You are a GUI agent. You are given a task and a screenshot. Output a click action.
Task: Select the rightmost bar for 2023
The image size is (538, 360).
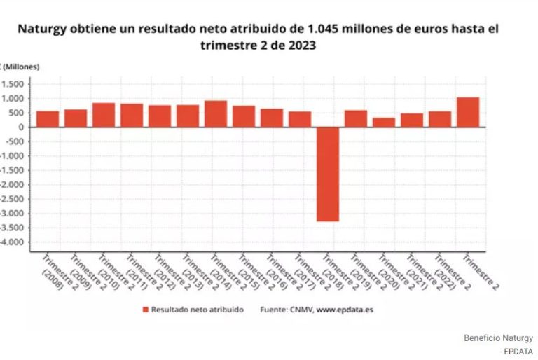coord(468,112)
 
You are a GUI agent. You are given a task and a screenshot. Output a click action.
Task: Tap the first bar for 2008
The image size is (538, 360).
coord(48,119)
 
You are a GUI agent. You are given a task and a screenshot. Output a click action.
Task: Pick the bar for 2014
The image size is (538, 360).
coord(216,113)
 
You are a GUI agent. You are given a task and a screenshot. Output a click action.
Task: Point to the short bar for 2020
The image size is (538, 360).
coord(384,123)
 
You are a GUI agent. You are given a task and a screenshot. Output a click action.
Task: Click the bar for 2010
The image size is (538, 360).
coord(104,115)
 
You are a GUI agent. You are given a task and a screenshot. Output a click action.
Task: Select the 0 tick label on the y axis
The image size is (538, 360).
coord(22,127)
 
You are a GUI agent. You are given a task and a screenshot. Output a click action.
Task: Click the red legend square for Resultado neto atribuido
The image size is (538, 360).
coord(145,310)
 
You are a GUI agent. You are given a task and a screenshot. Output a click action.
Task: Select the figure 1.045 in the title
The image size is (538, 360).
coord(324,30)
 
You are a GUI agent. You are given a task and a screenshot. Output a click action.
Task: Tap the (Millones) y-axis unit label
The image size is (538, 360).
coord(24,67)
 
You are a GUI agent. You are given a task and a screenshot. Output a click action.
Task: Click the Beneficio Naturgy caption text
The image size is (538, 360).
coord(498,338)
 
